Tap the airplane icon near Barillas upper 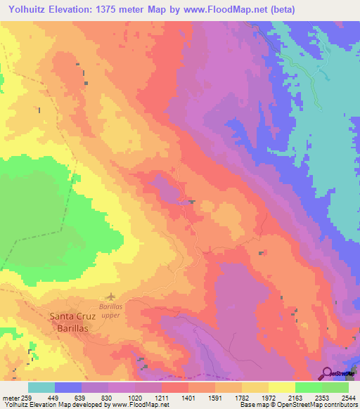tap(110, 298)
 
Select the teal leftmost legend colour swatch tap(41, 387)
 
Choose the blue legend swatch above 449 tap(68, 387)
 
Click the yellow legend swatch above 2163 tap(281, 387)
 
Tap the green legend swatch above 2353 tap(308, 387)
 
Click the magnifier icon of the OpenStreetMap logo tap(327, 373)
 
